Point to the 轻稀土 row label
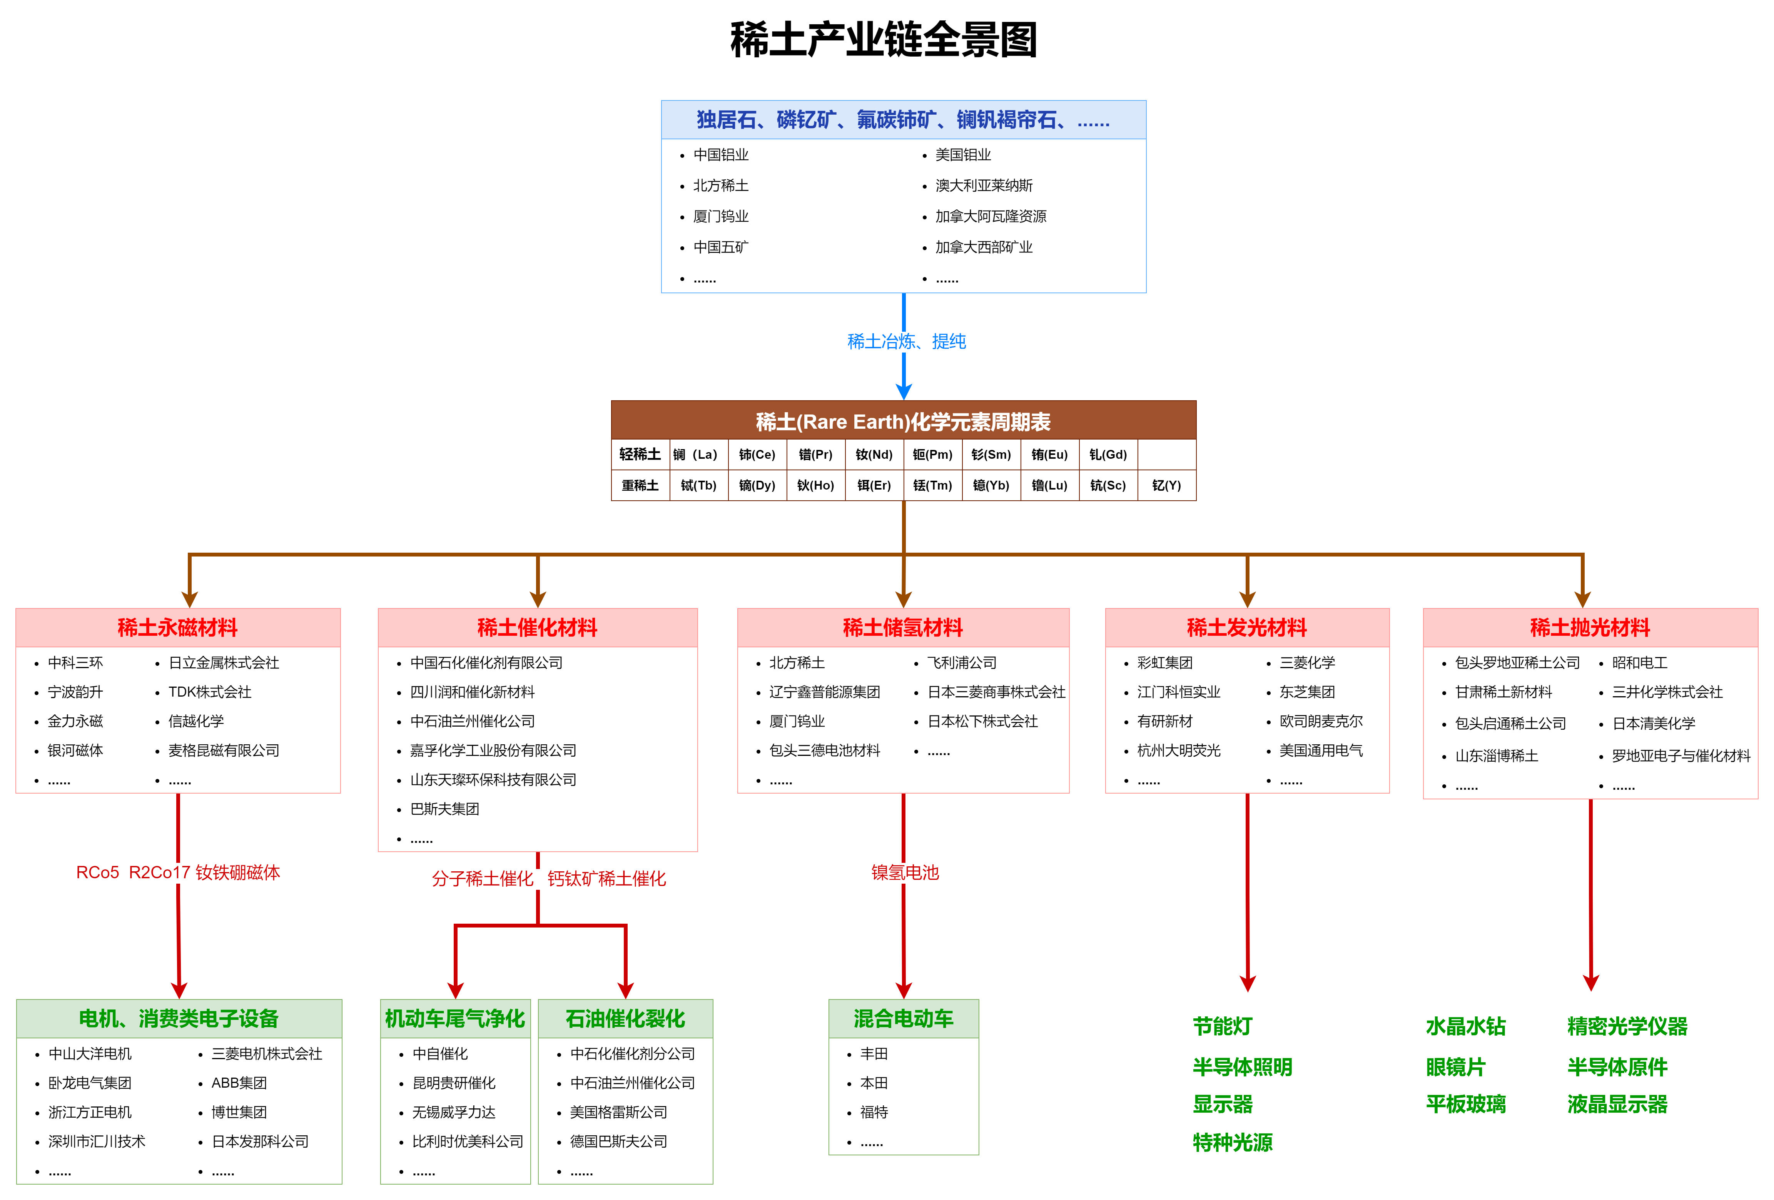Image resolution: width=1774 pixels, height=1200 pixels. pyautogui.click(x=640, y=454)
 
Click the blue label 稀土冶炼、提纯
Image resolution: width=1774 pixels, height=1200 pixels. pyautogui.click(x=906, y=341)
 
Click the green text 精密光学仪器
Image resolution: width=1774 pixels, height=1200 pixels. pyautogui.click(x=1627, y=1026)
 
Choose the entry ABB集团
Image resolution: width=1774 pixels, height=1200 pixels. pyautogui.click(x=239, y=1083)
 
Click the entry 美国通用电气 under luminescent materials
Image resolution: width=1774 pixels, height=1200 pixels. pyautogui.click(x=1321, y=750)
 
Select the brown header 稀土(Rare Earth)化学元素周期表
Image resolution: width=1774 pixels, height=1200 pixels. pyautogui.click(x=903, y=421)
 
